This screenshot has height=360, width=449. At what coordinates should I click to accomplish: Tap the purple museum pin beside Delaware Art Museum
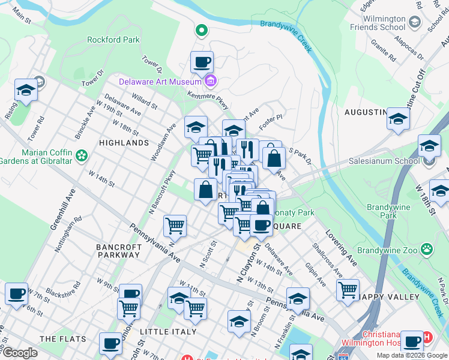point(210,81)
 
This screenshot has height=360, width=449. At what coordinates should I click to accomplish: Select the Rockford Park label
point(113,40)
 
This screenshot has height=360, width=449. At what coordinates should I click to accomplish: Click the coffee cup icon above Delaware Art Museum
point(202,61)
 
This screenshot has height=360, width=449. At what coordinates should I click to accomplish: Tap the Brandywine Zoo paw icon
point(426,248)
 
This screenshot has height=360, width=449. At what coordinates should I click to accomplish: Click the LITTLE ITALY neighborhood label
point(168,332)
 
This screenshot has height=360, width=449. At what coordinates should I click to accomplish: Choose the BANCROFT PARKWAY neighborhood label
point(119,251)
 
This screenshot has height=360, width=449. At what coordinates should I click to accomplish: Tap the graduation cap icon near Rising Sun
point(26,90)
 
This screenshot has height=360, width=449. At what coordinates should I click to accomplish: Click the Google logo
point(19,353)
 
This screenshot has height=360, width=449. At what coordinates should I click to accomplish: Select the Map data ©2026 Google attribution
point(412,355)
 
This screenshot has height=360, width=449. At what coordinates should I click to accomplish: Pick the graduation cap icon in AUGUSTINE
point(398,119)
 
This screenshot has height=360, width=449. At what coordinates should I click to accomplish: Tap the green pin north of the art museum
point(202,29)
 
